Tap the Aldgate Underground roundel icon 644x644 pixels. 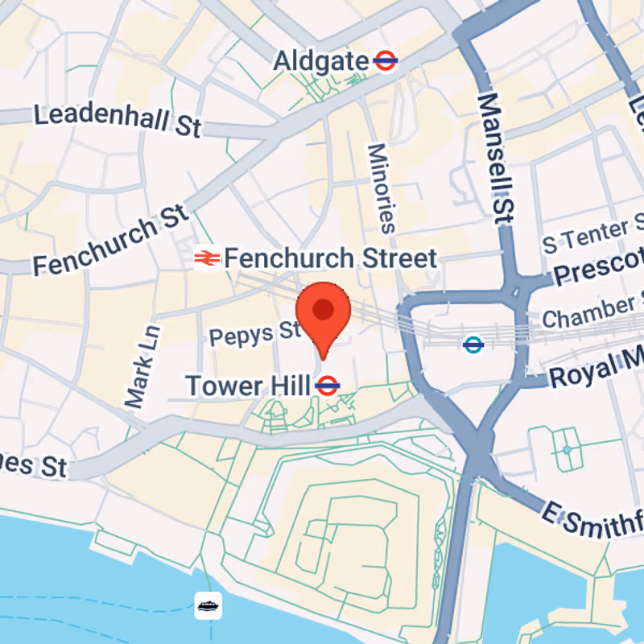tap(386, 60)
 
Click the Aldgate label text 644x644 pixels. tap(320, 60)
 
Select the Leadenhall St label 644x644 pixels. tap(117, 120)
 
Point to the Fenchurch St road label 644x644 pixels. tap(110, 239)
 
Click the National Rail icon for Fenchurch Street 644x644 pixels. tap(207, 258)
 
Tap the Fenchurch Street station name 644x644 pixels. tap(330, 258)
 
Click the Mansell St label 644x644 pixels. tap(496, 157)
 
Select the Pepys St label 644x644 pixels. tap(254, 332)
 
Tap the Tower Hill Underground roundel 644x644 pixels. tap(327, 386)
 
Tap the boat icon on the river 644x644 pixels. tap(208, 605)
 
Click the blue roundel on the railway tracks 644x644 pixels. tap(473, 345)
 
